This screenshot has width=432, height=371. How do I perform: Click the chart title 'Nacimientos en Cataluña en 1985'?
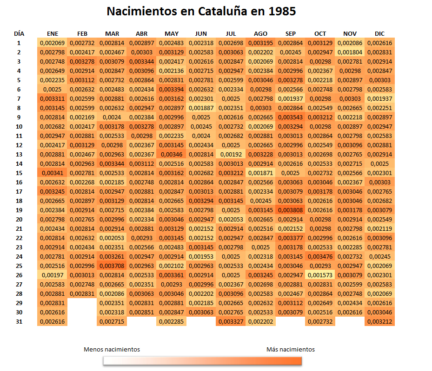tap(201, 11)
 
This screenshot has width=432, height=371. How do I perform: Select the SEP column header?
tap(291, 34)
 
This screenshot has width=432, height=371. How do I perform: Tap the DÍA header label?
tap(19, 34)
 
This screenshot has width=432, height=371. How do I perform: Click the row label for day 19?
tap(19, 210)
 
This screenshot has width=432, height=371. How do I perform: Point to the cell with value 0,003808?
tap(291, 210)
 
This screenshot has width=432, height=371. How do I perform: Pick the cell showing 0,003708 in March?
tap(112, 266)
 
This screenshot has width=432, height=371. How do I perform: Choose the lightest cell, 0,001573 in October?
tap(320, 275)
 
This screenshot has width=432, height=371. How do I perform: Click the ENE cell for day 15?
tap(53, 173)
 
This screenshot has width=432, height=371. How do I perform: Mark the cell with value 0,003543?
tap(291, 117)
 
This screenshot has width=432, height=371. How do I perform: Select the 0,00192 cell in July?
tap(231, 154)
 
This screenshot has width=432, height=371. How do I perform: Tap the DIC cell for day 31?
tap(379, 321)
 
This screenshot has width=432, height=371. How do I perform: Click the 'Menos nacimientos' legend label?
tap(112, 350)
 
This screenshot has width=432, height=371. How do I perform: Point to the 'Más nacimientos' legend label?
tap(291, 350)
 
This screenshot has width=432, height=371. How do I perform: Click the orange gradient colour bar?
tap(202, 361)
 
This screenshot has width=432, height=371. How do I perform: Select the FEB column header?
tap(82, 34)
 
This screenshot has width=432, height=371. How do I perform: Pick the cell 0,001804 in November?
tap(350, 52)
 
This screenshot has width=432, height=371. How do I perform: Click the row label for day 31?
tap(19, 321)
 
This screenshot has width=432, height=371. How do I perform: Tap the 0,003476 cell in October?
tap(320, 256)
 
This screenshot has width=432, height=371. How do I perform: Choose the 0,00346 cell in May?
tap(172, 154)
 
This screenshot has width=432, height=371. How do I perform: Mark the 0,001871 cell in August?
tap(261, 173)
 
